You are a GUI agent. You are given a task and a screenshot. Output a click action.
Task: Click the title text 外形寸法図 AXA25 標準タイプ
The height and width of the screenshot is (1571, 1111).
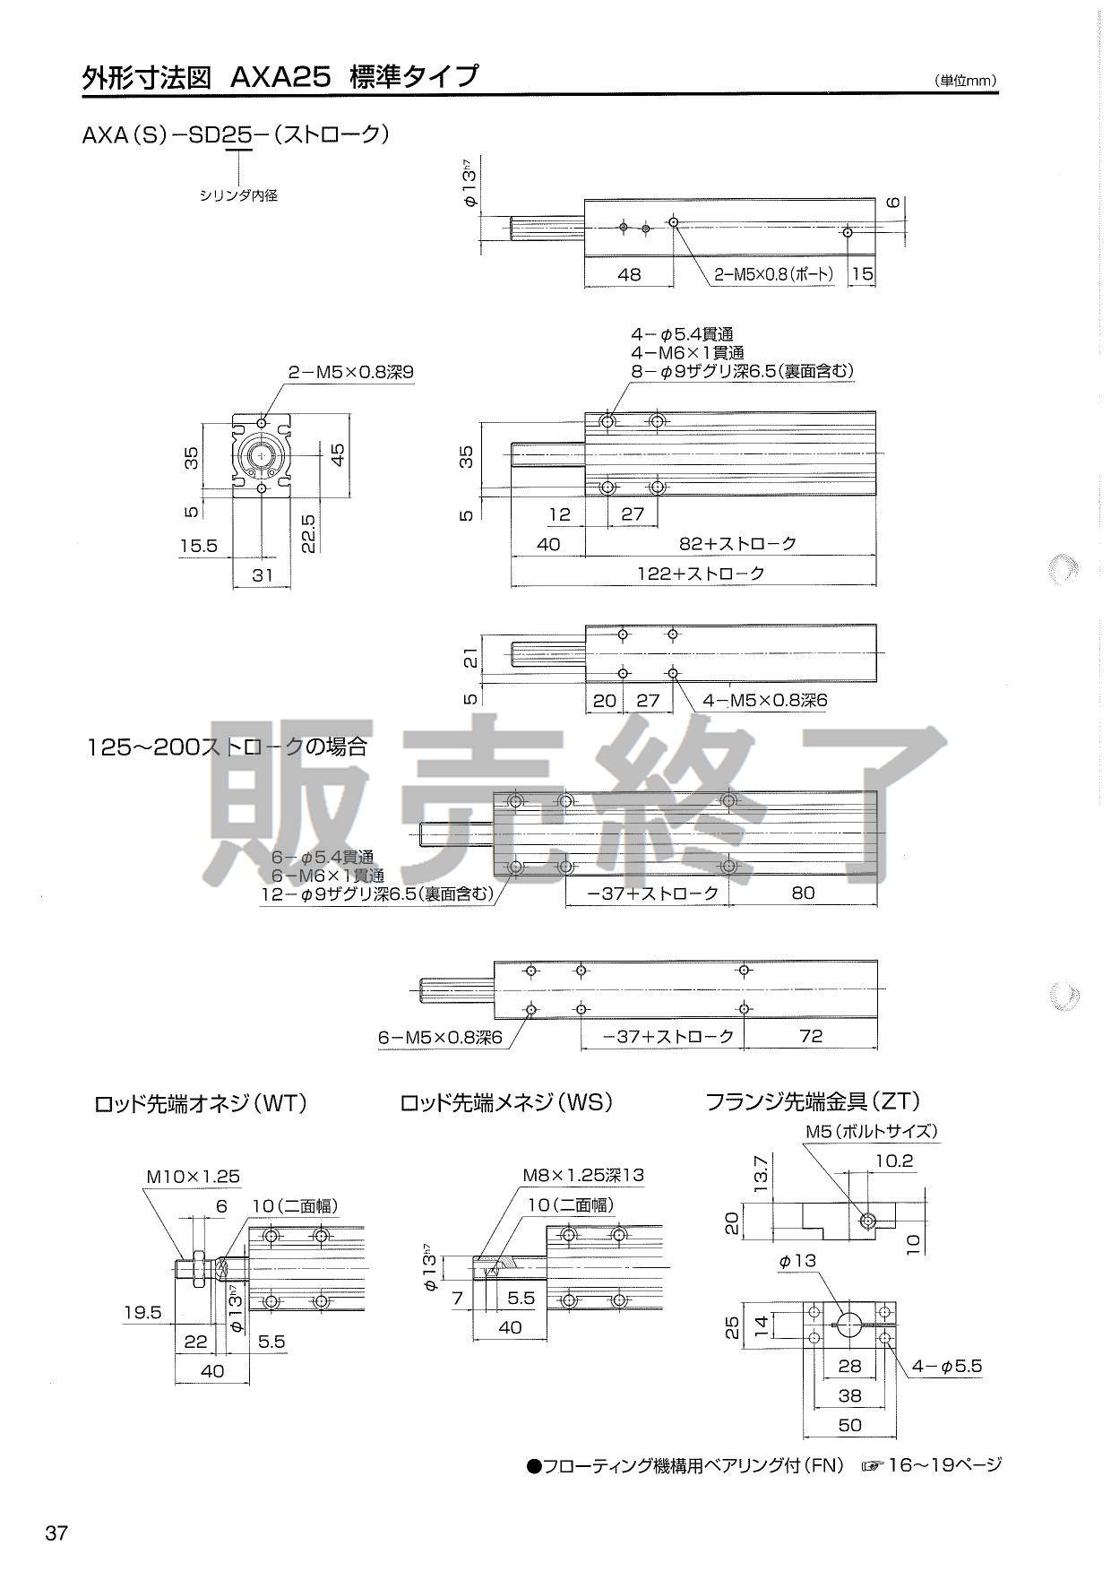coord(280,77)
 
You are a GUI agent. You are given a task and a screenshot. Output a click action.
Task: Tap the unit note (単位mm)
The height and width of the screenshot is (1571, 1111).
coord(966,81)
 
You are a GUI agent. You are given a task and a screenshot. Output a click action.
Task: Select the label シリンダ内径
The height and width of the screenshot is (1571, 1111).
coord(238,194)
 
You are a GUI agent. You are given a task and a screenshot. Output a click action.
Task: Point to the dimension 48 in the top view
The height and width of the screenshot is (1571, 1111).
coord(630,274)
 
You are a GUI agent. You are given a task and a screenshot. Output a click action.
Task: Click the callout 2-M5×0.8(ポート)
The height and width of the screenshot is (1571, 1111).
coord(773,274)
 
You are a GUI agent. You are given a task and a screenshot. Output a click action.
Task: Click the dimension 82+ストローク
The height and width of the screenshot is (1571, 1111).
coord(738,543)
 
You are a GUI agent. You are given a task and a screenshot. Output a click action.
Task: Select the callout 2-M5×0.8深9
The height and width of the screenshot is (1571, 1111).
coord(351,372)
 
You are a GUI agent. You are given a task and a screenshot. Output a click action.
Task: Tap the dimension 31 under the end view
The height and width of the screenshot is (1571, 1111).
coord(262,574)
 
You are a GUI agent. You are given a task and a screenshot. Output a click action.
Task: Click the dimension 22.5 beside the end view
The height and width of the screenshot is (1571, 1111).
coord(307,532)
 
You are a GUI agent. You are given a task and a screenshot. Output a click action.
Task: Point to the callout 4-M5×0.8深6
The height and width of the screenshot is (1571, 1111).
coord(764,700)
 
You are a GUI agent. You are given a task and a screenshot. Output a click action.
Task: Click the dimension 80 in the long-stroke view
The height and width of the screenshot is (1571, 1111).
coord(804,893)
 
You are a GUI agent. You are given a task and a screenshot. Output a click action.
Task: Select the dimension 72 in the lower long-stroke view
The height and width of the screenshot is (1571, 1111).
coord(810,1036)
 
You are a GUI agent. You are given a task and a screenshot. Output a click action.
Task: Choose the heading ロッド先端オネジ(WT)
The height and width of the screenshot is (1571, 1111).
coord(201,1103)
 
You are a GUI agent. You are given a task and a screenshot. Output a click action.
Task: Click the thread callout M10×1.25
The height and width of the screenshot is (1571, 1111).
coord(194,1177)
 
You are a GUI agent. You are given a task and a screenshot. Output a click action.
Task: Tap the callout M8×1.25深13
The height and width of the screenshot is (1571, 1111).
coord(583,1175)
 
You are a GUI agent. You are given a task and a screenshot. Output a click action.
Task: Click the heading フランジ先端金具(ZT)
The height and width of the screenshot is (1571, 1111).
coord(813,1101)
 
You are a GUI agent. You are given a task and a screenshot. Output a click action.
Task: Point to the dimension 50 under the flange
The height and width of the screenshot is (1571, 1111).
coord(849,1424)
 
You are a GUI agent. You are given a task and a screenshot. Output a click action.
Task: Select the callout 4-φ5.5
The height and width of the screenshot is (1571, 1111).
coord(947,1367)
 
